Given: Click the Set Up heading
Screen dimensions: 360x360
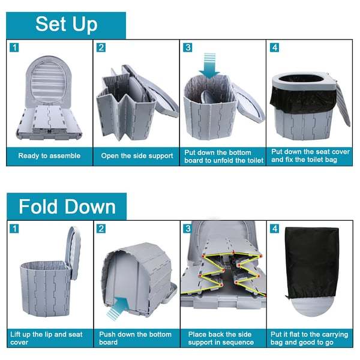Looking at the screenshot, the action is tap(67, 25).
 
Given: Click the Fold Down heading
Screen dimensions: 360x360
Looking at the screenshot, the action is tap(67, 206).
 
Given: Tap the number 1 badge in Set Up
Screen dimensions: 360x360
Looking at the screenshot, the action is tap(14, 47).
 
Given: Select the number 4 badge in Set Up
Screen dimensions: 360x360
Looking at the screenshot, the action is tap(275, 47).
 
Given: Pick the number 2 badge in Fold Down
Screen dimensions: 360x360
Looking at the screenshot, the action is tap(101, 229).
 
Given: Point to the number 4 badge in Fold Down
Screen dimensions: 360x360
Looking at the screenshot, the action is tap(275, 229).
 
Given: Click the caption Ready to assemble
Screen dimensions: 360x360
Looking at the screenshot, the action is tap(49, 156).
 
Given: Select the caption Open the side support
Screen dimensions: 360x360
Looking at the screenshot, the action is tap(137, 156).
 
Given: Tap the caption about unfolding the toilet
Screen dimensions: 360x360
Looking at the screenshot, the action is tap(224, 157).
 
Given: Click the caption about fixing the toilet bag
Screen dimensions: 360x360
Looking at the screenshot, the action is tap(310, 155).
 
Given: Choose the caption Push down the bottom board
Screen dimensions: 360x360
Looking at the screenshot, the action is tap(135, 338).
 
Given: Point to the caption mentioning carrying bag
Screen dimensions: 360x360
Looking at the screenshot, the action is tap(309, 338).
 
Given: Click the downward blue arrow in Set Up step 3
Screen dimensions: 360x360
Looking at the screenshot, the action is tap(209, 65).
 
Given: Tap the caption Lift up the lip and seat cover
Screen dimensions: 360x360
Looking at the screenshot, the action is tap(46, 338).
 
